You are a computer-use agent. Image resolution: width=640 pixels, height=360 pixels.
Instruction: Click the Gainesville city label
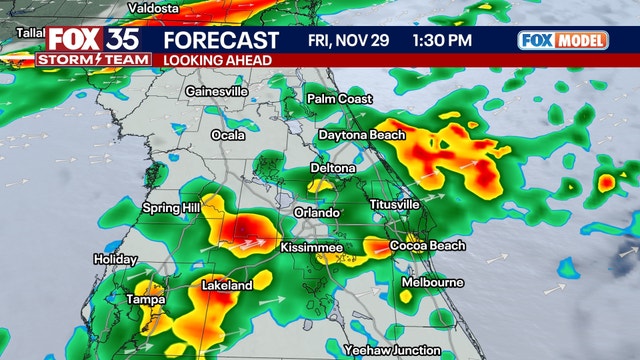click(x=216, y=91)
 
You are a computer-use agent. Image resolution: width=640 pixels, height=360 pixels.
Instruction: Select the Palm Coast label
click(x=340, y=99)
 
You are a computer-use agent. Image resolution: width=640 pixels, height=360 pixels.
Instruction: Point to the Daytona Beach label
click(x=362, y=135)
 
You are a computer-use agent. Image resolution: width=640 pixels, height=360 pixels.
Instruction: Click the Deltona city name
click(x=333, y=168)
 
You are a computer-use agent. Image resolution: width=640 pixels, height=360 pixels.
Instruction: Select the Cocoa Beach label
click(x=421, y=246)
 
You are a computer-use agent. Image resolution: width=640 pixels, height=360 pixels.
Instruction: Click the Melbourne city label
click(x=432, y=283)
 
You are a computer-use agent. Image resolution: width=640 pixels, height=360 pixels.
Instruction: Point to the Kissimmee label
click(x=312, y=247)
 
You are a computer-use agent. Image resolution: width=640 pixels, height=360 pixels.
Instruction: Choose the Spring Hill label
click(x=172, y=208)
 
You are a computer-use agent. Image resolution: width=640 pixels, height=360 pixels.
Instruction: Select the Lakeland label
click(x=227, y=286)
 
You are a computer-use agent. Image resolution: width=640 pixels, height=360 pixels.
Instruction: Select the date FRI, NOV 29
click(x=344, y=41)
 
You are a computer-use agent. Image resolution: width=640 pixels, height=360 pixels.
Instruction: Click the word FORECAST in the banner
click(x=221, y=41)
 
